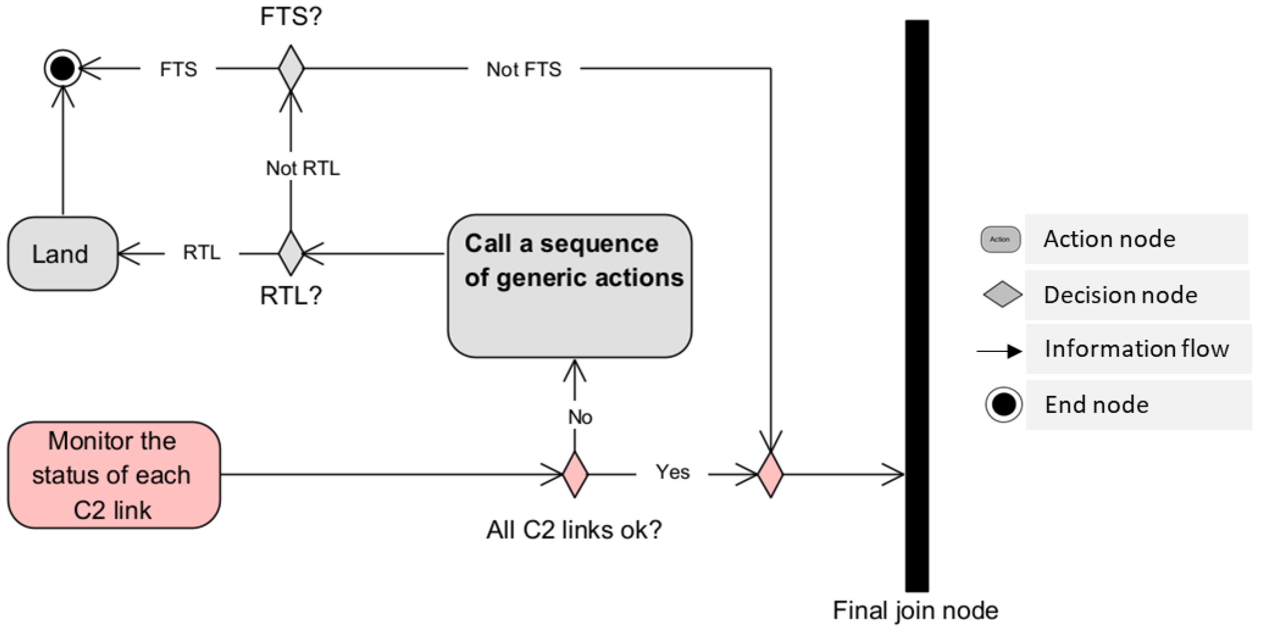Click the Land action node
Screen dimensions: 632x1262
(62, 254)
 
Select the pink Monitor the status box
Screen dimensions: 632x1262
(114, 475)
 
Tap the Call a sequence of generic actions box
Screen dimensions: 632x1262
(570, 286)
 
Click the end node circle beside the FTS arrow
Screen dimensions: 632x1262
(62, 69)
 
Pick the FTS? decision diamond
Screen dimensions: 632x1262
(291, 68)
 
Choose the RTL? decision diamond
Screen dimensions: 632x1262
(291, 253)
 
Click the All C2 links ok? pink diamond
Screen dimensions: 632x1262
(575, 474)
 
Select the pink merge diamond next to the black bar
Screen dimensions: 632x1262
(770, 474)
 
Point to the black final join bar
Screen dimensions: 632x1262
(916, 306)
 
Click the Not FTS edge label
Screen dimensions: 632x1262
(524, 70)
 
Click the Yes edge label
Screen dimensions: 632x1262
(673, 472)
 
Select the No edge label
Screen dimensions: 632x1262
(580, 417)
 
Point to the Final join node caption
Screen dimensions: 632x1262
(915, 610)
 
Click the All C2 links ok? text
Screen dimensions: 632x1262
(574, 530)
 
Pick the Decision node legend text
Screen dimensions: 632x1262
(1121, 295)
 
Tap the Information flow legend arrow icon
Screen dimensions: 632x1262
(999, 351)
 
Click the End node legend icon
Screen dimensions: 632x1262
(1003, 405)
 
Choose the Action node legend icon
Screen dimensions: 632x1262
(1000, 239)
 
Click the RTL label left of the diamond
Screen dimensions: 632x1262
(201, 253)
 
